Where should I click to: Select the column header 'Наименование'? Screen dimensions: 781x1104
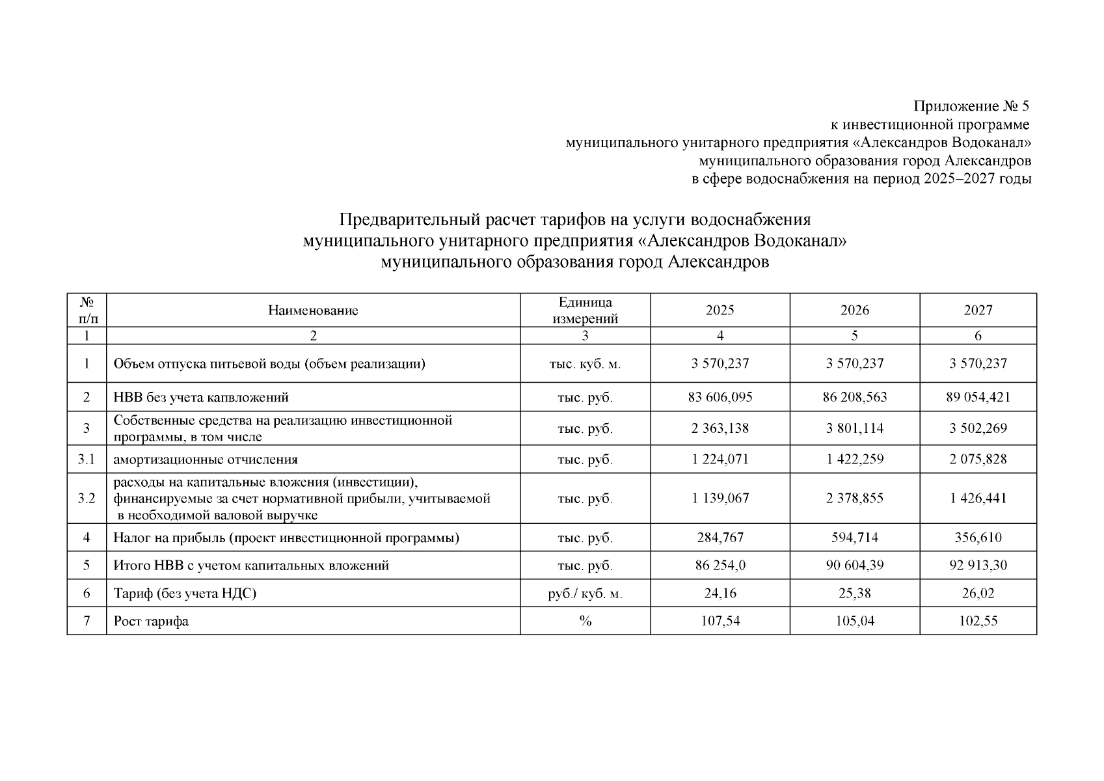pos(313,310)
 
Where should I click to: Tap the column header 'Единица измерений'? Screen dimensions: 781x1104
pos(585,310)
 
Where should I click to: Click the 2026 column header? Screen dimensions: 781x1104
pos(854,310)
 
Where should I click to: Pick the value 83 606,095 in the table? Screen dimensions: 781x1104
pos(720,397)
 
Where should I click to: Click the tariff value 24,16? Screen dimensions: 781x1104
pos(720,594)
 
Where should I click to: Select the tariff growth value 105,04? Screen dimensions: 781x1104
pos(854,621)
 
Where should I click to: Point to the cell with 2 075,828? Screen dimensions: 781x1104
pos(978,459)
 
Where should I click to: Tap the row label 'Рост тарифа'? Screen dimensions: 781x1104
pos(151,621)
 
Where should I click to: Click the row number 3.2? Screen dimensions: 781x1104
pos(87,499)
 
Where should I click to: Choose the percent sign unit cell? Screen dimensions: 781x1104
pos(585,621)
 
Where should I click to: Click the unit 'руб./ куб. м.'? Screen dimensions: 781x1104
pos(585,594)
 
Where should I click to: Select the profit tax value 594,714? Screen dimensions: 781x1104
pos(854,538)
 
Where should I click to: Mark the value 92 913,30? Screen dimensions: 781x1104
pos(978,565)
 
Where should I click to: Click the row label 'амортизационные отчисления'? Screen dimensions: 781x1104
pos(206,459)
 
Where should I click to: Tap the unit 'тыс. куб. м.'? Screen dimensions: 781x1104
pos(585,364)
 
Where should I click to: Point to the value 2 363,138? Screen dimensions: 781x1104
pos(720,428)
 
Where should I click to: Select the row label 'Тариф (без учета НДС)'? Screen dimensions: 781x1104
pos(185,594)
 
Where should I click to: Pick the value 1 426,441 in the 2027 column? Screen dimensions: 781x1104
pos(978,499)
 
